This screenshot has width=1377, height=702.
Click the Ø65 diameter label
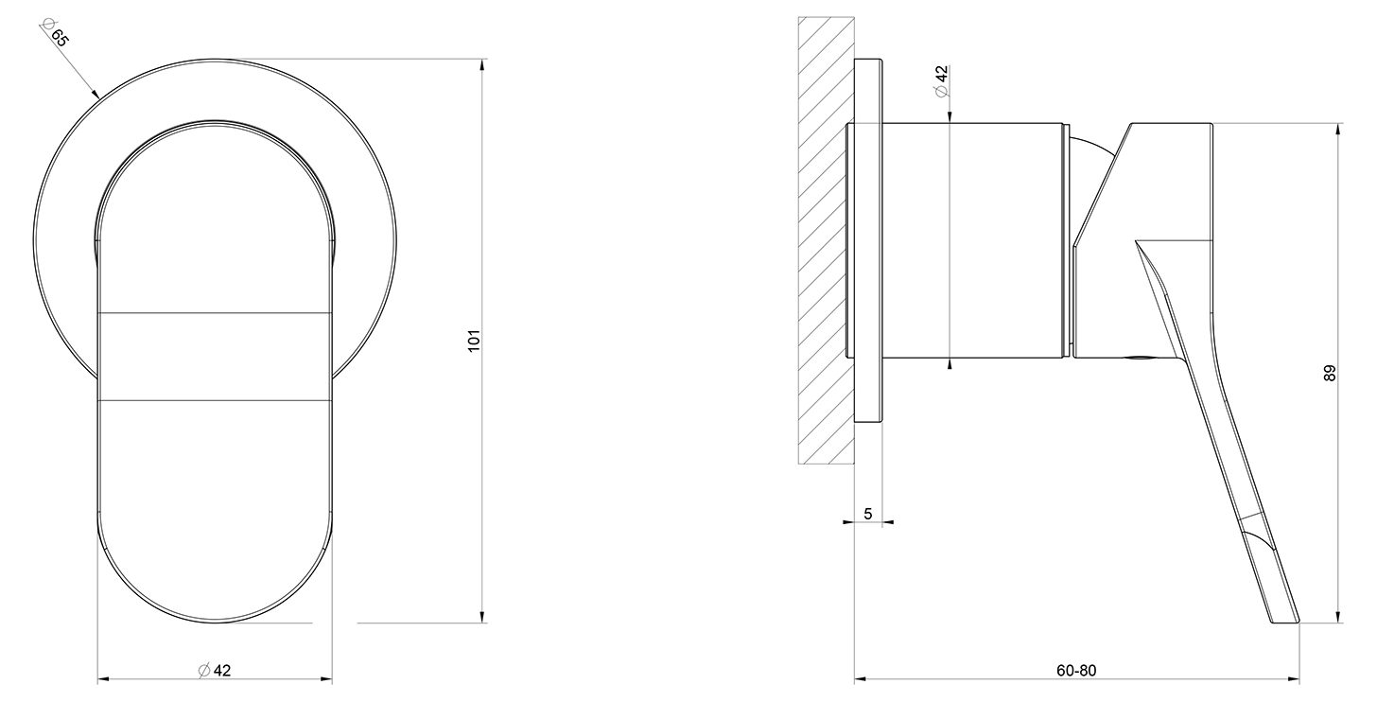[54, 32]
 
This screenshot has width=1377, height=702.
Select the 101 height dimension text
[474, 341]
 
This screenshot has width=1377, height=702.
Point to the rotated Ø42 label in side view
[941, 80]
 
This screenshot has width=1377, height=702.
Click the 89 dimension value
[1329, 373]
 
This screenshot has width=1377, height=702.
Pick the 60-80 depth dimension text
[1076, 670]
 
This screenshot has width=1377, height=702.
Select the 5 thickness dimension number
[868, 514]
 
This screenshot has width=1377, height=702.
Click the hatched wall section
[827, 239]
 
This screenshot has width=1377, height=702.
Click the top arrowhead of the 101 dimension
[482, 64]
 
